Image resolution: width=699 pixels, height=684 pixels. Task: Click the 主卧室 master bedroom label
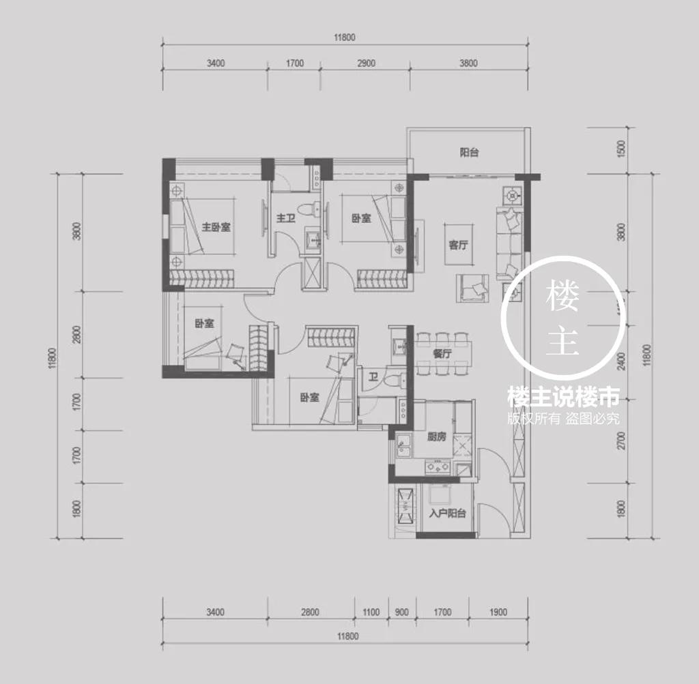click(x=216, y=227)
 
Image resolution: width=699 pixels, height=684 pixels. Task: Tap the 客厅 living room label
click(x=458, y=245)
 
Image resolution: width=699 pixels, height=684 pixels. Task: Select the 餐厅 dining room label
click(x=442, y=354)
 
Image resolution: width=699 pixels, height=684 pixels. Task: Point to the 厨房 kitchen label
click(x=436, y=437)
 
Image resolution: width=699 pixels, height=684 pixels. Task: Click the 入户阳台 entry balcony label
click(x=448, y=514)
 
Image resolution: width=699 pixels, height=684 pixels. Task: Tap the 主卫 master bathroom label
click(x=286, y=218)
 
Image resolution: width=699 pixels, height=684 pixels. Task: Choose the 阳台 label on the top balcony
click(x=469, y=153)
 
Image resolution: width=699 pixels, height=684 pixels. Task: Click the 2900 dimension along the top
click(x=366, y=63)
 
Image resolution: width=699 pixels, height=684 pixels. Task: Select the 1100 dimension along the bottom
click(x=371, y=612)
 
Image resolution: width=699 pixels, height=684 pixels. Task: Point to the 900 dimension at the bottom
click(x=401, y=612)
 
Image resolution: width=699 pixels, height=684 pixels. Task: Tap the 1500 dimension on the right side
click(x=622, y=149)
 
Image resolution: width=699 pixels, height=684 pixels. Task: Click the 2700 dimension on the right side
click(x=622, y=440)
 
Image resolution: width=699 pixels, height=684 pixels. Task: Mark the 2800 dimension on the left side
click(x=77, y=334)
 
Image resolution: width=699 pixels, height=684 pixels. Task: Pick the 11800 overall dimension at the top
click(x=345, y=38)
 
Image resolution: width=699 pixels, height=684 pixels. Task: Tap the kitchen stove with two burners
click(x=438, y=467)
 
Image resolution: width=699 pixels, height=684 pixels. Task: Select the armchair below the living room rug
click(x=472, y=288)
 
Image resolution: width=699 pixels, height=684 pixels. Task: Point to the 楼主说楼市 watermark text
click(x=563, y=397)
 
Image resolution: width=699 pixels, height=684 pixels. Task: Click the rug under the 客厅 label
click(x=458, y=244)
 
